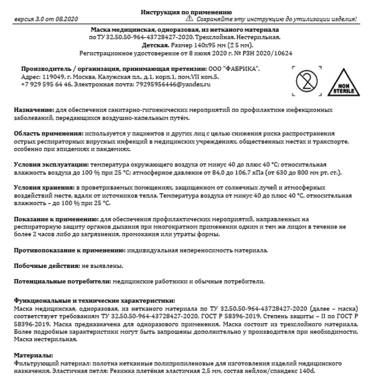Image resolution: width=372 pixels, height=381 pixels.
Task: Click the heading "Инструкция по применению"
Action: [x=186, y=12]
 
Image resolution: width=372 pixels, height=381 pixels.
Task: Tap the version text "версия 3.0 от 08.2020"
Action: [x=46, y=19]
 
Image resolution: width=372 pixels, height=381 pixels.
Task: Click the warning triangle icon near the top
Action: [x=189, y=18]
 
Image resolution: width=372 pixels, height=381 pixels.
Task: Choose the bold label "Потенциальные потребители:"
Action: [x=62, y=282]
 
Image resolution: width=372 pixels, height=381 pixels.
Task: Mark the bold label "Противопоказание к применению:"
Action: [x=69, y=251]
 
